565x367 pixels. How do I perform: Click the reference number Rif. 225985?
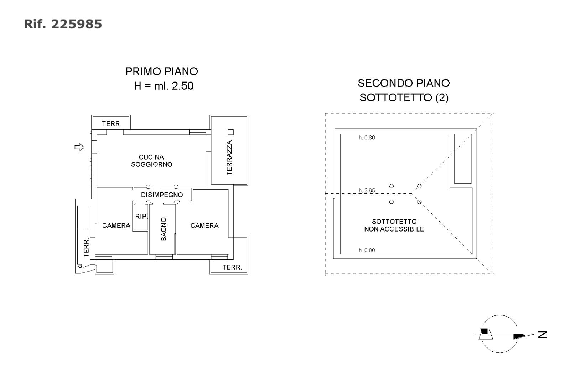(63, 24)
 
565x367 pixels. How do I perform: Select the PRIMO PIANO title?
(161, 71)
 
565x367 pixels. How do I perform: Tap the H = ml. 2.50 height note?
(164, 86)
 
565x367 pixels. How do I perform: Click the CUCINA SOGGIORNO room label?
(151, 161)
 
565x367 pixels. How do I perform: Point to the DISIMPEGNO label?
(162, 195)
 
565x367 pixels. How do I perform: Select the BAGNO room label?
(164, 229)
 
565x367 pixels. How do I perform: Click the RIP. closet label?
(141, 216)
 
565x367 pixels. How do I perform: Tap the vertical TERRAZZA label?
(229, 158)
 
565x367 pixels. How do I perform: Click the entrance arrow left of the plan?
(79, 147)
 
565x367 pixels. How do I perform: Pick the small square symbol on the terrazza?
(230, 132)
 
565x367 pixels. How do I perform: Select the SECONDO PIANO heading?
(404, 83)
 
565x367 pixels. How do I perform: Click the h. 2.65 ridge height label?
(367, 191)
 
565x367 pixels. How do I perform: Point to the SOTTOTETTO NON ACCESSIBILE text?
(394, 225)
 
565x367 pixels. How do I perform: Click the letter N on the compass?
(543, 334)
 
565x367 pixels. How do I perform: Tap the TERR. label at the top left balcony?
(112, 124)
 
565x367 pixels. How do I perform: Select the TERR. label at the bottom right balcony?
(232, 267)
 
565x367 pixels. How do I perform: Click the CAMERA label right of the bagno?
(204, 225)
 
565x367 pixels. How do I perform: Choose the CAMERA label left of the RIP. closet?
(116, 225)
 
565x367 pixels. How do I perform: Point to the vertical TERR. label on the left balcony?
(86, 248)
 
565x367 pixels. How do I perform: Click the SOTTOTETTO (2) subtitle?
(404, 97)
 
